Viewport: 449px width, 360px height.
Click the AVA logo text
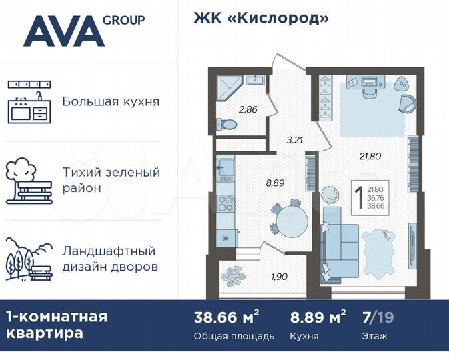coord(63,31)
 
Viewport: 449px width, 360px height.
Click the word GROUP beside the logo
coord(123,19)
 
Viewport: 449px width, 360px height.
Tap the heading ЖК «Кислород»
coord(261,18)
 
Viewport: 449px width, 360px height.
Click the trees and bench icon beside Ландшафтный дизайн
coord(29,259)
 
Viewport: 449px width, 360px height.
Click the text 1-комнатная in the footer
coord(56,316)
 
